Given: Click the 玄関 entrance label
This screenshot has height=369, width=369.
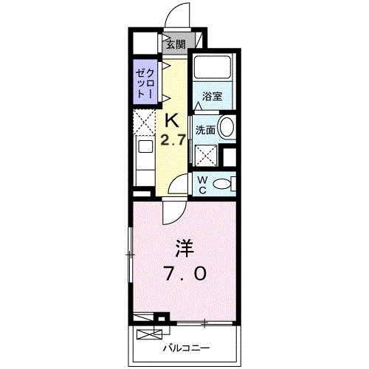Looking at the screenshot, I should (x=175, y=44).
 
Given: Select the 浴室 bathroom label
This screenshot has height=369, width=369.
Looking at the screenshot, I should (x=213, y=94).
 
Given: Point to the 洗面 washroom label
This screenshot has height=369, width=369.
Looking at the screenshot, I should (x=205, y=130).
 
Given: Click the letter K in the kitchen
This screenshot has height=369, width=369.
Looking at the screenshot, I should (x=172, y=119).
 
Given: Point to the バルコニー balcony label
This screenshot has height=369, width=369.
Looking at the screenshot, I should (x=186, y=347).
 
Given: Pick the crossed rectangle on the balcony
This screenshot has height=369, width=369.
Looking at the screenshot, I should (x=145, y=319).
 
